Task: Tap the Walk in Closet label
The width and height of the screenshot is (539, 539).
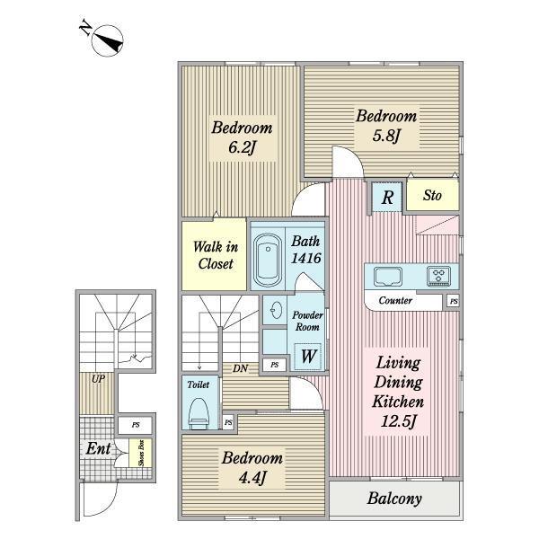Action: click(x=216, y=255)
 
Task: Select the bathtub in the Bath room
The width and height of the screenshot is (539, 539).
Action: click(x=268, y=260)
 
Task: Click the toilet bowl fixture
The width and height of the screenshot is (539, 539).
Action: click(x=199, y=414)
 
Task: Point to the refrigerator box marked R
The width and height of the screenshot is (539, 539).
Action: click(x=387, y=197)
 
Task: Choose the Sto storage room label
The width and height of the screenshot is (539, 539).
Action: click(x=432, y=195)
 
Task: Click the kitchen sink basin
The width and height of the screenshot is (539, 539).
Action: click(x=388, y=277)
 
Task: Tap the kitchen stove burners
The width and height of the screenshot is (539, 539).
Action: click(x=438, y=276)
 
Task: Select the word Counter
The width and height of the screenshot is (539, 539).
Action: click(x=395, y=300)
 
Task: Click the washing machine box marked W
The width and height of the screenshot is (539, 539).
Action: click(x=308, y=356)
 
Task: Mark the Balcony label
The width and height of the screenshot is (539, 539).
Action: click(x=394, y=499)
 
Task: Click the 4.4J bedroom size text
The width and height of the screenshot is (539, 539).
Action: click(x=252, y=478)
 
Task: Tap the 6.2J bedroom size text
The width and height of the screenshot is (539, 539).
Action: click(x=243, y=148)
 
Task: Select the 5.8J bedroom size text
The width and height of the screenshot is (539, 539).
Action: click(x=386, y=136)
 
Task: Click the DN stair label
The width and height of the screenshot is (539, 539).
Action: click(x=240, y=368)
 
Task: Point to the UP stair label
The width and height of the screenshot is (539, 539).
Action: click(x=98, y=379)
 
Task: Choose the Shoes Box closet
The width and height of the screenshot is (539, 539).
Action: click(x=141, y=453)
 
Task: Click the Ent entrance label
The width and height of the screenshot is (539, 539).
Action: click(x=98, y=448)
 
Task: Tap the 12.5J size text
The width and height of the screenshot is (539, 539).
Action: click(x=398, y=420)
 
